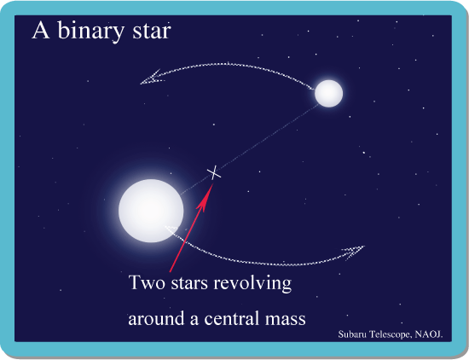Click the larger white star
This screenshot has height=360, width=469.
pyautogui.click(x=151, y=211)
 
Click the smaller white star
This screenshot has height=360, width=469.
pyautogui.click(x=328, y=93)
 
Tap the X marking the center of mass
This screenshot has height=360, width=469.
pyautogui.click(x=214, y=173)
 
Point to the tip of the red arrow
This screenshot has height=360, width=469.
pyautogui.click(x=213, y=183)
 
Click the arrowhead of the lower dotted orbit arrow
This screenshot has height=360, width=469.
pyautogui.click(x=355, y=252)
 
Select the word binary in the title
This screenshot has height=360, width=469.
pyautogui.click(x=90, y=31)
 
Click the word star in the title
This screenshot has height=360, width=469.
pyautogui.click(x=152, y=32)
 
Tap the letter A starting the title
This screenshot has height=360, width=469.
pyautogui.click(x=41, y=31)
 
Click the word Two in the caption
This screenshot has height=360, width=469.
pyautogui.click(x=147, y=282)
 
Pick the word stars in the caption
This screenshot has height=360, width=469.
pyautogui.click(x=189, y=283)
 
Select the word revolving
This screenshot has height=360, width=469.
pyautogui.click(x=252, y=283)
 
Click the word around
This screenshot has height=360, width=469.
pyautogui.click(x=156, y=318)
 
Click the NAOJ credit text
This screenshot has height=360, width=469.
pyautogui.click(x=429, y=334)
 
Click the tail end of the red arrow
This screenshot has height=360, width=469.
pyautogui.click(x=170, y=272)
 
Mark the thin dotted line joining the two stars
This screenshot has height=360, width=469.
pyautogui.click(x=249, y=149)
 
